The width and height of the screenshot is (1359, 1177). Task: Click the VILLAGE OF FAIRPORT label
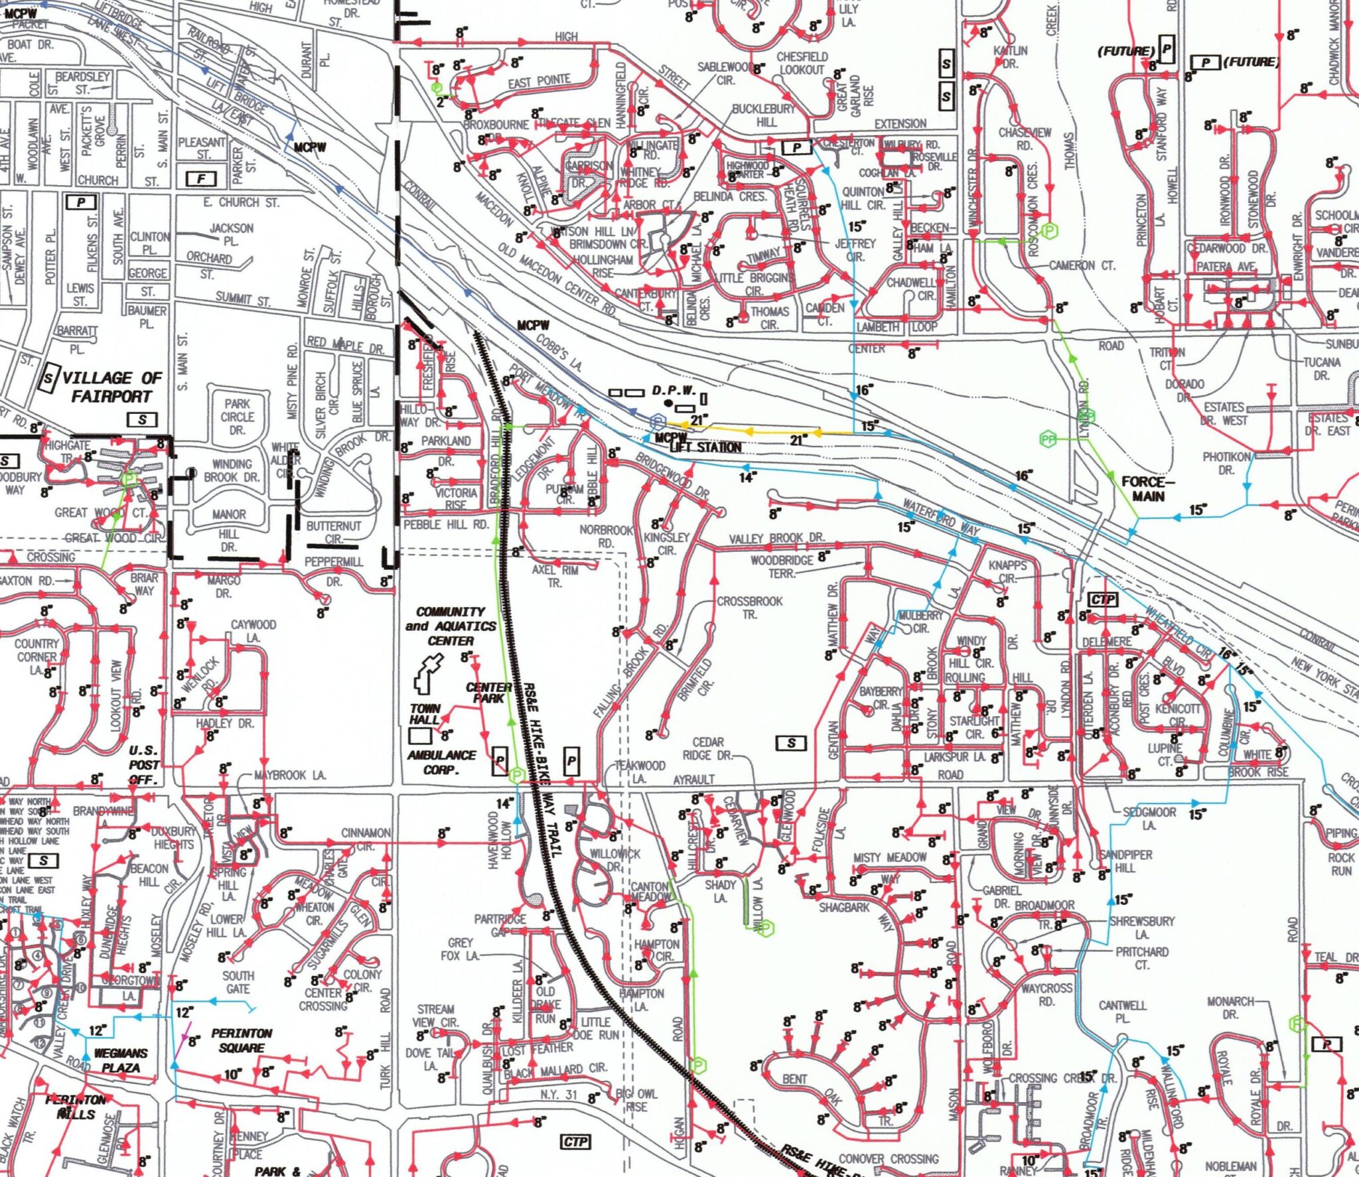click(111, 387)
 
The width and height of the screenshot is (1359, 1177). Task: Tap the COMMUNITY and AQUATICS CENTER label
click(451, 626)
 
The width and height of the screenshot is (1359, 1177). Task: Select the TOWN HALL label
click(425, 714)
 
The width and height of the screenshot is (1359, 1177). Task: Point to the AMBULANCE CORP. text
click(442, 762)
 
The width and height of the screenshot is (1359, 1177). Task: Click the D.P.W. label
click(673, 390)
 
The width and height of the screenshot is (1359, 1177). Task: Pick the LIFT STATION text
click(705, 447)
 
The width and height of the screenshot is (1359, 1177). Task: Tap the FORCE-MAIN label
click(1148, 488)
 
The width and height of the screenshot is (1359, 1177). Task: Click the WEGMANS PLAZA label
click(121, 1060)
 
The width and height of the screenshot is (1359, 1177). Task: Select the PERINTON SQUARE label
click(242, 1040)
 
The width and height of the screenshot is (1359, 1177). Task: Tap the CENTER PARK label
click(488, 693)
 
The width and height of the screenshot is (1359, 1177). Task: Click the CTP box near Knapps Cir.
click(1103, 600)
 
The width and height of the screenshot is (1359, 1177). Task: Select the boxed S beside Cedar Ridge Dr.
click(791, 743)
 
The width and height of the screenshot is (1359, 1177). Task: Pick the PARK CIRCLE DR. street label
click(237, 417)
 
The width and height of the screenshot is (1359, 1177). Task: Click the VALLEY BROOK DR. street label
click(776, 537)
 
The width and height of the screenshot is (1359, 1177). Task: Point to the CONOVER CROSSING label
click(889, 1158)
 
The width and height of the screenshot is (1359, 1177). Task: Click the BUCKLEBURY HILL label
click(764, 115)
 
